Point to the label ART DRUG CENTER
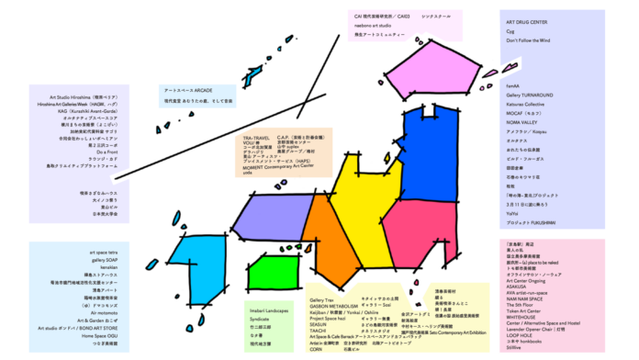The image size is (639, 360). pos(527,22)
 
